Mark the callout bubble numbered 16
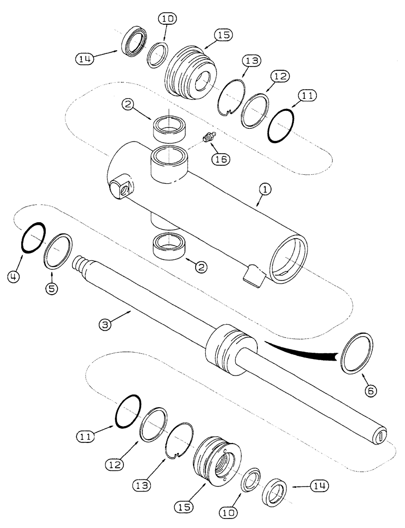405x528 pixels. pyautogui.click(x=220, y=158)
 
